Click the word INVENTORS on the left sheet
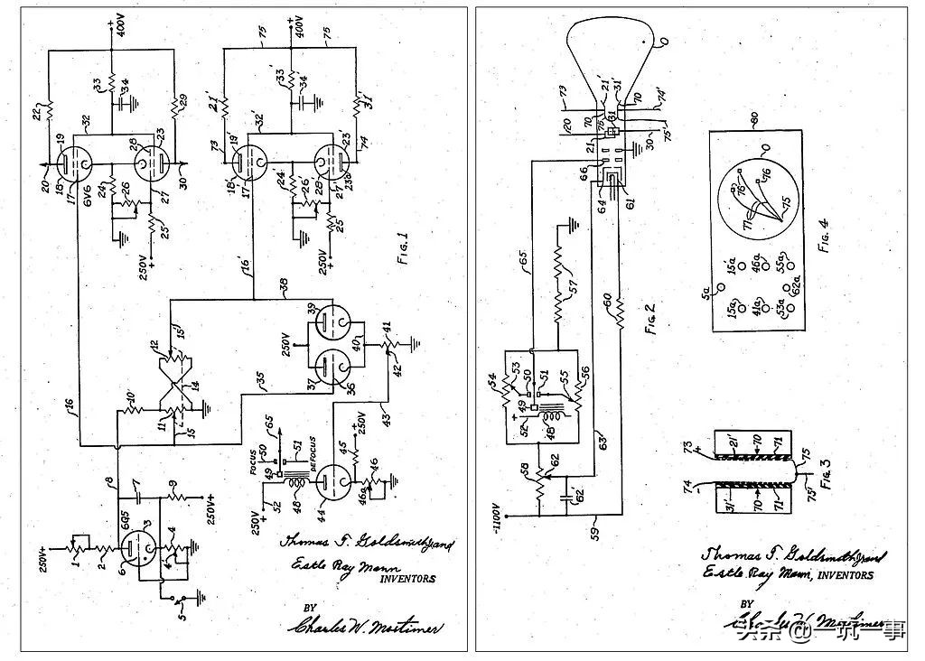(406, 580)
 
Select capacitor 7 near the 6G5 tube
(139, 494)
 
